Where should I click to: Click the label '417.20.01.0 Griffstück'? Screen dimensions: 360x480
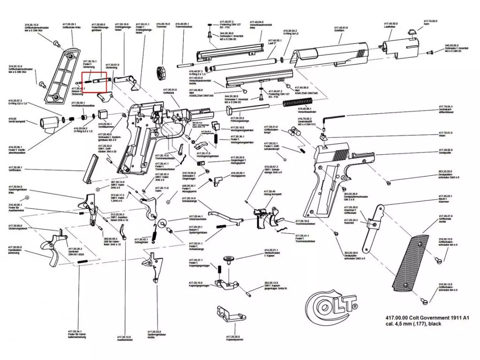tap(170, 91)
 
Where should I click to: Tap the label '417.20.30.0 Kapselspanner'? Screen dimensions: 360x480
tap(233, 338)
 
